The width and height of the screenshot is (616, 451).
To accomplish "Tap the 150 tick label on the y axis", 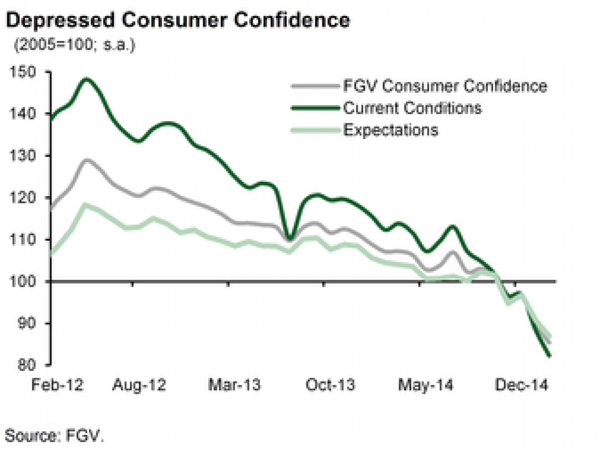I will pos(22,72).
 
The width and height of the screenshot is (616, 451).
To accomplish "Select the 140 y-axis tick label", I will pos(22,114).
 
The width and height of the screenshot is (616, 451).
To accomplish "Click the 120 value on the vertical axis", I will pos(22,197).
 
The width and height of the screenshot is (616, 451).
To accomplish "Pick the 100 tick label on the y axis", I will pos(22,281).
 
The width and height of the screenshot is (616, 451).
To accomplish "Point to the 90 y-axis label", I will pos(27,323).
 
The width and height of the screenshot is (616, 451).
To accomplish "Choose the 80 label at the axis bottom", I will pos(27,365).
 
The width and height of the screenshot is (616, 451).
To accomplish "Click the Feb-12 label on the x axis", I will pos(57,385).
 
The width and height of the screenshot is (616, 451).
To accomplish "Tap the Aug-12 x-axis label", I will pos(139,385).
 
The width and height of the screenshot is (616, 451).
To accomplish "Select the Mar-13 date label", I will pos(235,385).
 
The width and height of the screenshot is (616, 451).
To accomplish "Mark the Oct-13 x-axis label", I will pos(330,385).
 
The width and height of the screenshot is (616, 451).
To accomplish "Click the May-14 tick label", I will pos(426,385).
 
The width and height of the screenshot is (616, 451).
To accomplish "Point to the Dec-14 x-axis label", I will pos(521,385).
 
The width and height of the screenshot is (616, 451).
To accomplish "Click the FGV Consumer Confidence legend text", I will pos(445,86).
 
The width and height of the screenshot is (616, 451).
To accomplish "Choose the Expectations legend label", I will pos(391,130).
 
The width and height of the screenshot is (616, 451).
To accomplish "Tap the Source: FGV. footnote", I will pos(54,435).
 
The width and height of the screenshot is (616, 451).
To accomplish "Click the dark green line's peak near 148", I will pos(87,79).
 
